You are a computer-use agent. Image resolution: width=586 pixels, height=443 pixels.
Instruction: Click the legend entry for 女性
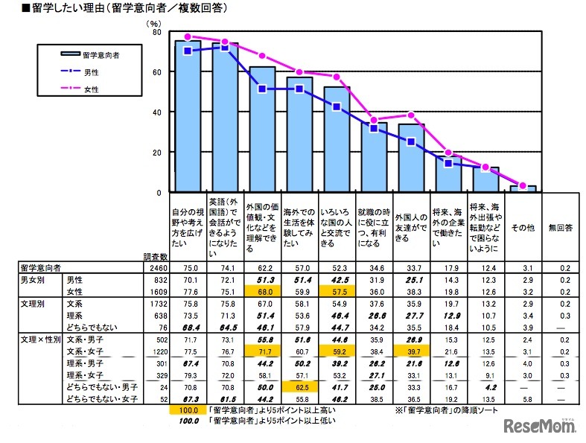pyautogui.click(x=89, y=89)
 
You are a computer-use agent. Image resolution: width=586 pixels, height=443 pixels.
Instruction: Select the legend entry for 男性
pyautogui.click(x=89, y=72)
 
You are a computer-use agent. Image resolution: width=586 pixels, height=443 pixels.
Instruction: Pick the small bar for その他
pyautogui.click(x=523, y=189)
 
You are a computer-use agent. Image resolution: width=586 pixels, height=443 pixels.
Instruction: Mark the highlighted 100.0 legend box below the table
pyautogui.click(x=187, y=410)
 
